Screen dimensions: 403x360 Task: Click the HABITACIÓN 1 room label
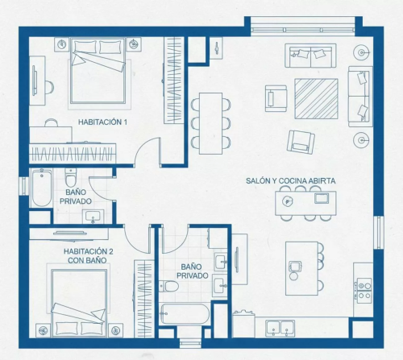[x=102, y=122]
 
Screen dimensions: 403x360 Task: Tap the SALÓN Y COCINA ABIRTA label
[x=291, y=180]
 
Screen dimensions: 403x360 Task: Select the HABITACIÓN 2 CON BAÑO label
[x=88, y=256]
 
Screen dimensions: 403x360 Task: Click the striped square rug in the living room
[x=316, y=98]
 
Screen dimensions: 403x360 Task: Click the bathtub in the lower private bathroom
[x=185, y=313]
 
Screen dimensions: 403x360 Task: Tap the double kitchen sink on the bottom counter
[x=280, y=328]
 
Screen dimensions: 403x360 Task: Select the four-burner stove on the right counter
[x=364, y=291]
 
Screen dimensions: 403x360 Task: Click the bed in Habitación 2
[x=79, y=303]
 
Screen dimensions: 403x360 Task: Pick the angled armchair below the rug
[x=301, y=142]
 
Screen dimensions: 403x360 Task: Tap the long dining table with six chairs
[x=210, y=123]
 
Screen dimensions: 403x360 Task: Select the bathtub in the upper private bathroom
[x=41, y=188]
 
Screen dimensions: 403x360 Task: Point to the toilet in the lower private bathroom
[x=169, y=286]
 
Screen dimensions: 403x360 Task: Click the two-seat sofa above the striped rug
[x=310, y=56]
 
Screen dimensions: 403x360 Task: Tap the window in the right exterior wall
[x=379, y=233]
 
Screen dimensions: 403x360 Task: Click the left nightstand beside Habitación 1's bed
[x=62, y=44]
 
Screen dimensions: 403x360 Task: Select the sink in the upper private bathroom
[x=93, y=217]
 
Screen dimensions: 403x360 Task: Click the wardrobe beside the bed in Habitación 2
[x=144, y=299]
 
